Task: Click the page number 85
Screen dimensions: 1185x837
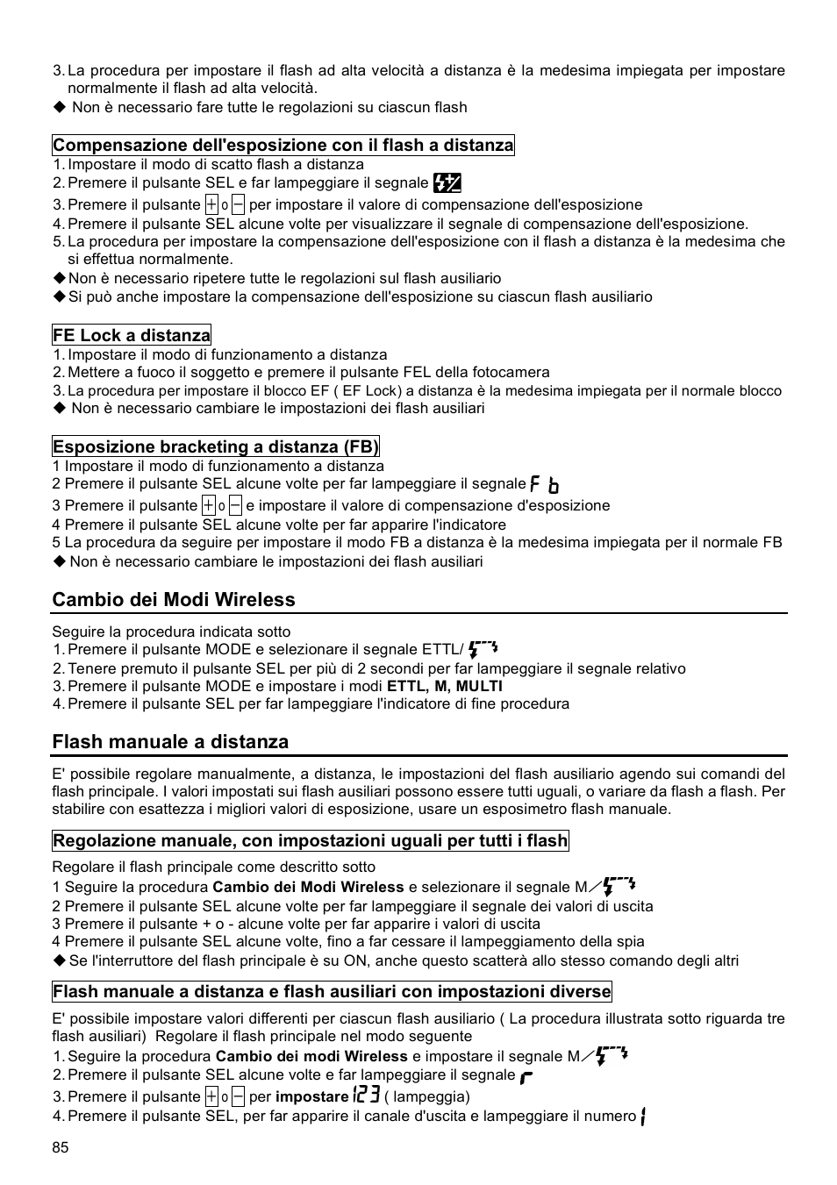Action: pyautogui.click(x=60, y=1147)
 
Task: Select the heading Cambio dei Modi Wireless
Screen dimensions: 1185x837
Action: pyautogui.click(x=174, y=599)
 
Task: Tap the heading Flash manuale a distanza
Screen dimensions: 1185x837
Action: pyautogui.click(x=170, y=741)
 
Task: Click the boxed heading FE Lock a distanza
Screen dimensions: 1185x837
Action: pyautogui.click(x=132, y=335)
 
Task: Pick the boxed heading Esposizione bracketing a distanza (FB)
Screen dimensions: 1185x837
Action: pyautogui.click(x=216, y=446)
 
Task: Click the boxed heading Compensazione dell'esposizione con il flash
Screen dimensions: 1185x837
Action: pyautogui.click(x=283, y=145)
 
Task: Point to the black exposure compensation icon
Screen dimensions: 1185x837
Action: pyautogui.click(x=447, y=182)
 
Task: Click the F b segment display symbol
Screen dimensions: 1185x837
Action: pyautogui.click(x=545, y=484)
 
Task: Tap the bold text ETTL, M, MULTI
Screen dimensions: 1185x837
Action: pyautogui.click(x=445, y=686)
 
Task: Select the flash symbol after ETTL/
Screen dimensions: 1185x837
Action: pyautogui.click(x=483, y=649)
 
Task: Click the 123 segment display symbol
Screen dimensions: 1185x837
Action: pyautogui.click(x=366, y=1095)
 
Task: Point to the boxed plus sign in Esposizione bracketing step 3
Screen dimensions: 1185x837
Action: pyautogui.click(x=208, y=505)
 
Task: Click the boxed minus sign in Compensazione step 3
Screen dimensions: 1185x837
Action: pyautogui.click(x=238, y=204)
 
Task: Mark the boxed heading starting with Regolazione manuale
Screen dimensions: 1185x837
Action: pyautogui.click(x=311, y=840)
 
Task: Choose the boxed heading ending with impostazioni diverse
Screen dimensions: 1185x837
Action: pyautogui.click(x=332, y=991)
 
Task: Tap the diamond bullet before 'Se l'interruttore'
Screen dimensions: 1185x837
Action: pyautogui.click(x=59, y=960)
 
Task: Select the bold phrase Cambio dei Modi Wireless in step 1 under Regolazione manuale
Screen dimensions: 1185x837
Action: pyautogui.click(x=309, y=887)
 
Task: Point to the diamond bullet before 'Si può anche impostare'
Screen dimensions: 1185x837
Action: pyautogui.click(x=59, y=296)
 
